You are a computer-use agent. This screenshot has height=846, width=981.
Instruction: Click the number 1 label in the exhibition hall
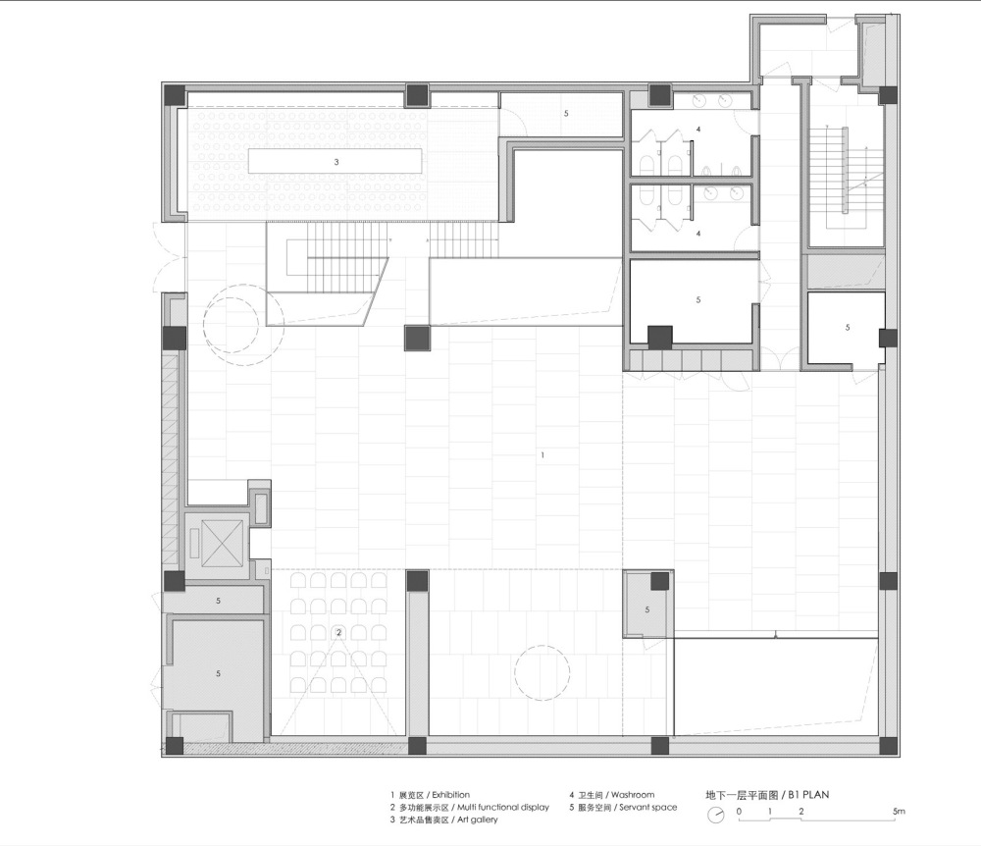542,455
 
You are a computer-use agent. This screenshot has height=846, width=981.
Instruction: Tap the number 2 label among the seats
339,632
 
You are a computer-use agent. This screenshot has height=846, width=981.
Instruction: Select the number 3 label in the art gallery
336,161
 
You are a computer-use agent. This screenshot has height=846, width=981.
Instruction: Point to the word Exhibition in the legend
450,795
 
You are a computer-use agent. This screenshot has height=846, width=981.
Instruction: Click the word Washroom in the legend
633,795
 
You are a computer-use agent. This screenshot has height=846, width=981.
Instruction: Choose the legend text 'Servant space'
648,807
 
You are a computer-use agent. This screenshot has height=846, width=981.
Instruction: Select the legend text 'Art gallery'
478,820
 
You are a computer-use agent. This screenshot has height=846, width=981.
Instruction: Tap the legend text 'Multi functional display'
503,807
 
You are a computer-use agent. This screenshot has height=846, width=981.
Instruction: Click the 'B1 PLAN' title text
808,795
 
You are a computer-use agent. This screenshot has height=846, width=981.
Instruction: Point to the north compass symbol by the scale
716,815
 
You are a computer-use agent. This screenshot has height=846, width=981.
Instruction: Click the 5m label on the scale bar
899,811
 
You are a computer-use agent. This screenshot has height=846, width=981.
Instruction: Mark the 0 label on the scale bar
739,811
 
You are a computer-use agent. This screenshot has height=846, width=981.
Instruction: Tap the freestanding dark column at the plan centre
417,338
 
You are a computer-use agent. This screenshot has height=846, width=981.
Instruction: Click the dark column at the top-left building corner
175,96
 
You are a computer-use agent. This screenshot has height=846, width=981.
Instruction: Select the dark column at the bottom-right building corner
887,745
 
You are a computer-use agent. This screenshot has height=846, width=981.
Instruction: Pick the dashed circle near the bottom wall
542,672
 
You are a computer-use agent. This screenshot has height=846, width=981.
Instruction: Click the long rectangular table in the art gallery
336,161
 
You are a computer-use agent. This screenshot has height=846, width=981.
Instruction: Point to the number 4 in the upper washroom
698,129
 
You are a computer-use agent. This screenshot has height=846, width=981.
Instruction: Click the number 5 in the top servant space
566,113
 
